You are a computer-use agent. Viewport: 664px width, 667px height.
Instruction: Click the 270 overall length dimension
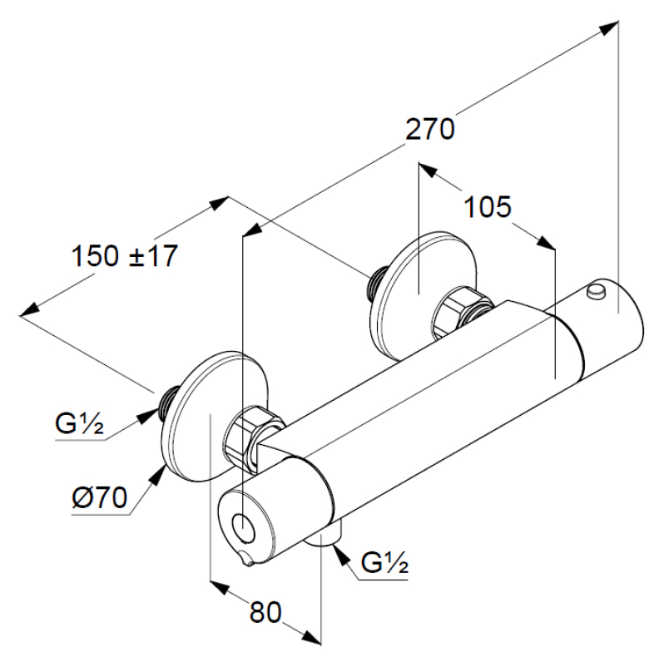429,130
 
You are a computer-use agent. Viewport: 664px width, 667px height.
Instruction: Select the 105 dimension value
487,207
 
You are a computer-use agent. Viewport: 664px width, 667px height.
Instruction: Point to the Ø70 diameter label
99,498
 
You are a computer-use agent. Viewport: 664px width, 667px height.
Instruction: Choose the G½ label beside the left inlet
79,426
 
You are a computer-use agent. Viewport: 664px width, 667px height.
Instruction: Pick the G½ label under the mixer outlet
384,565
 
